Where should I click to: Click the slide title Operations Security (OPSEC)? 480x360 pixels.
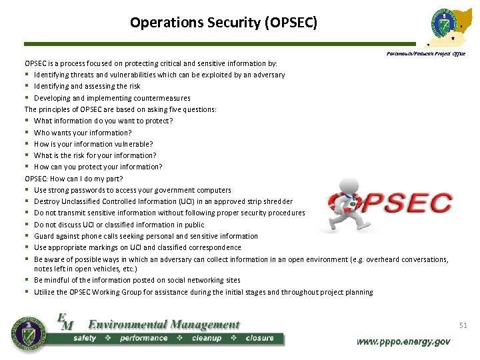pyautogui.click(x=223, y=23)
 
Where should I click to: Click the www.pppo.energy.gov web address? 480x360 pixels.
pyautogui.click(x=403, y=341)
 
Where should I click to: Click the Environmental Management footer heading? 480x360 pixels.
pyautogui.click(x=163, y=325)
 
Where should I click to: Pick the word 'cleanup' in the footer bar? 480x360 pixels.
pyautogui.click(x=207, y=338)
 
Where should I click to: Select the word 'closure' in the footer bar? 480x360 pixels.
pyautogui.click(x=259, y=338)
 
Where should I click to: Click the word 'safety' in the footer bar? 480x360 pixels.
pyautogui.click(x=85, y=338)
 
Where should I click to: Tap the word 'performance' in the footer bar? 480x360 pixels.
pyautogui.click(x=143, y=338)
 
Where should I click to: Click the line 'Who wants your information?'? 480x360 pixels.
pyautogui.click(x=83, y=133)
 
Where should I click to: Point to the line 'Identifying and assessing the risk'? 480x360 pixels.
pyautogui.click(x=87, y=86)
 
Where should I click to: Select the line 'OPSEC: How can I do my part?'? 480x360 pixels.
pyautogui.click(x=74, y=179)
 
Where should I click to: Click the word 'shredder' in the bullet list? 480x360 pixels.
pyautogui.click(x=278, y=201)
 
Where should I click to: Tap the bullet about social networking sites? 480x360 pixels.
pyautogui.click(x=137, y=280)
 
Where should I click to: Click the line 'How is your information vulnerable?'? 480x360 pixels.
pyautogui.click(x=93, y=144)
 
